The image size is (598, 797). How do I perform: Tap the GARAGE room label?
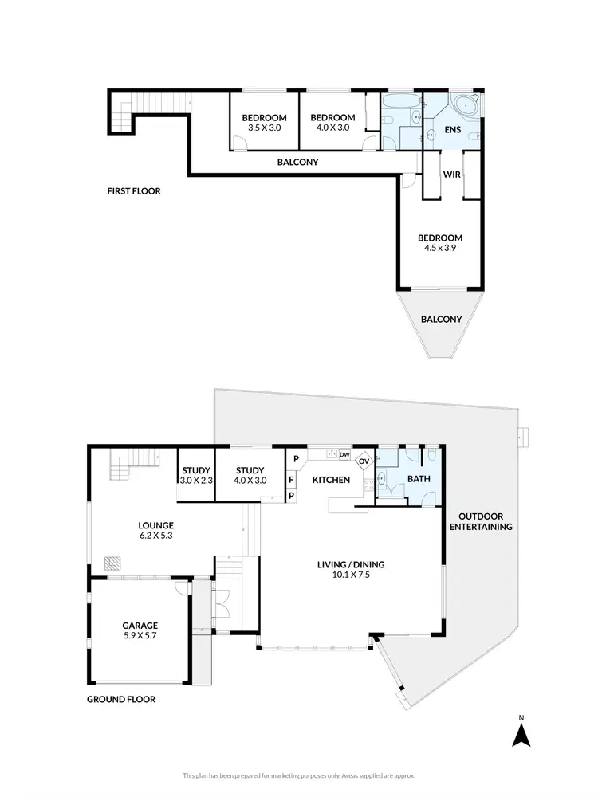140,626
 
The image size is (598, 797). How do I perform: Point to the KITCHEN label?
331,480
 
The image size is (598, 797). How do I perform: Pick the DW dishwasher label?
344,454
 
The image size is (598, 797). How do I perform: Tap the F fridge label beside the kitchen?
292,480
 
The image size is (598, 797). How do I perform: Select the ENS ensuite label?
452,128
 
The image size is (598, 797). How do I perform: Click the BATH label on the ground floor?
419,480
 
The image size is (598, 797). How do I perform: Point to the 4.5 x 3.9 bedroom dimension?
440,249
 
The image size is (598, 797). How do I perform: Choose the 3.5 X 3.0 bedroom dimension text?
263,128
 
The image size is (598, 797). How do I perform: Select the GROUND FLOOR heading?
121,699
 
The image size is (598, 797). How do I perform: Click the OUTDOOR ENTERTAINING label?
480,521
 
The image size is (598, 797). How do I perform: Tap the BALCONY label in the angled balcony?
441,319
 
